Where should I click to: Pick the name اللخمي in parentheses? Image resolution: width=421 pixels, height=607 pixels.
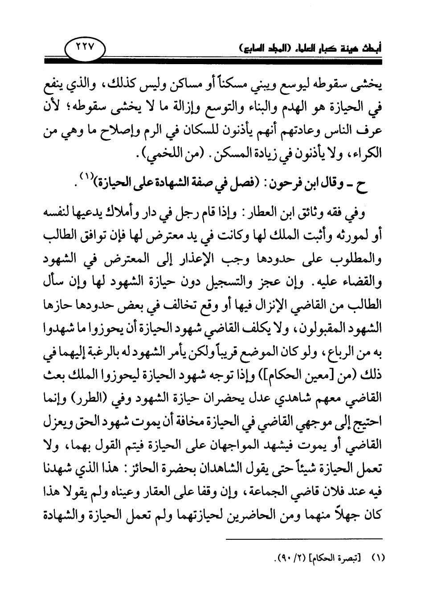tap(158, 156)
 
